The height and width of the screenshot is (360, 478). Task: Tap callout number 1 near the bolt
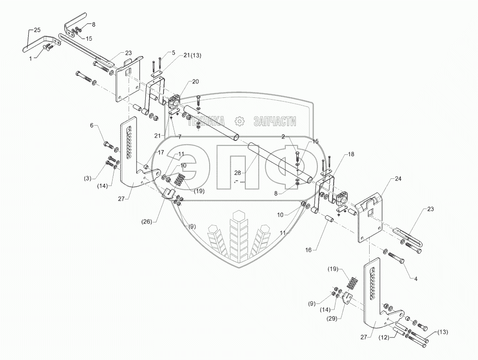[x=31, y=58]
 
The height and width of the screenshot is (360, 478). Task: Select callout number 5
[x=173, y=53]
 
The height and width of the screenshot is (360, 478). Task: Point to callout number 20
[x=196, y=81]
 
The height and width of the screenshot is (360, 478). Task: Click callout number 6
[x=92, y=126]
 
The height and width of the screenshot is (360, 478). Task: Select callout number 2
[x=284, y=137]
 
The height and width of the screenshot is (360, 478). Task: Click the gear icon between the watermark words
[x=240, y=121]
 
